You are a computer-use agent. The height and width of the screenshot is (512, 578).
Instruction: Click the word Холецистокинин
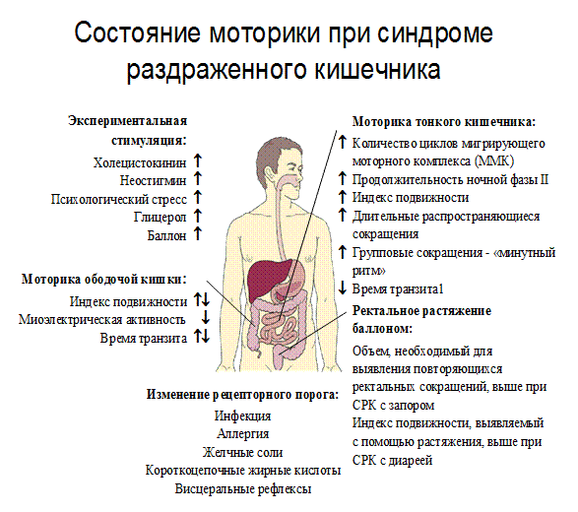pyautogui.click(x=140, y=162)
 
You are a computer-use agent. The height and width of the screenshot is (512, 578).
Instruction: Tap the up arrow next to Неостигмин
pyautogui.click(x=198, y=178)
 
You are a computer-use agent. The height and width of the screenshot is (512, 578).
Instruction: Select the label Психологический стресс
pyautogui.click(x=119, y=200)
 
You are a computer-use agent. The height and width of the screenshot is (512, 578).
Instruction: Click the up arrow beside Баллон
pyautogui.click(x=198, y=233)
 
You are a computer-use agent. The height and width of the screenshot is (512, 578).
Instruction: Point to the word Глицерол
pyautogui.click(x=160, y=218)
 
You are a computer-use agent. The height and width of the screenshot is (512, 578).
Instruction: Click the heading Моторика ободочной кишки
pyautogui.click(x=104, y=280)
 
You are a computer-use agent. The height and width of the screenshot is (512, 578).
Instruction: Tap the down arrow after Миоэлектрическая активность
pyautogui.click(x=206, y=317)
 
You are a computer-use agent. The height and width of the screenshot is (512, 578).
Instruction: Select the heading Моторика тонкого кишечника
pyautogui.click(x=444, y=122)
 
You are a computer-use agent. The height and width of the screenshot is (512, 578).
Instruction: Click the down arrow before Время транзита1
pyautogui.click(x=343, y=288)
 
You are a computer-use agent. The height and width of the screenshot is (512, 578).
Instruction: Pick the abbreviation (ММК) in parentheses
pyautogui.click(x=494, y=161)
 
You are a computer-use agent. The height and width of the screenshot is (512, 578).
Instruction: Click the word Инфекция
pyautogui.click(x=243, y=416)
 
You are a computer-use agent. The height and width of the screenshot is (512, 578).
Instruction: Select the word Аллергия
pyautogui.click(x=243, y=434)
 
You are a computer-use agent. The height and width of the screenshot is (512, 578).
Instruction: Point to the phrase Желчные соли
pyautogui.click(x=243, y=452)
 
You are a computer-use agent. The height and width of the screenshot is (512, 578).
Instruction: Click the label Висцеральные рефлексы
pyautogui.click(x=243, y=489)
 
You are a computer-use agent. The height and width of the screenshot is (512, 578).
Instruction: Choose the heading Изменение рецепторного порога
pyautogui.click(x=243, y=395)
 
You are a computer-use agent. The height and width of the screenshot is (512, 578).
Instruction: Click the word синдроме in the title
pyautogui.click(x=435, y=33)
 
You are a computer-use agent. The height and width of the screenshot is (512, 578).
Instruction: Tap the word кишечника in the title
pyautogui.click(x=378, y=70)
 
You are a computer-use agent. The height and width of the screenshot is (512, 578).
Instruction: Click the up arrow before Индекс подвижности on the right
pyautogui.click(x=343, y=197)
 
